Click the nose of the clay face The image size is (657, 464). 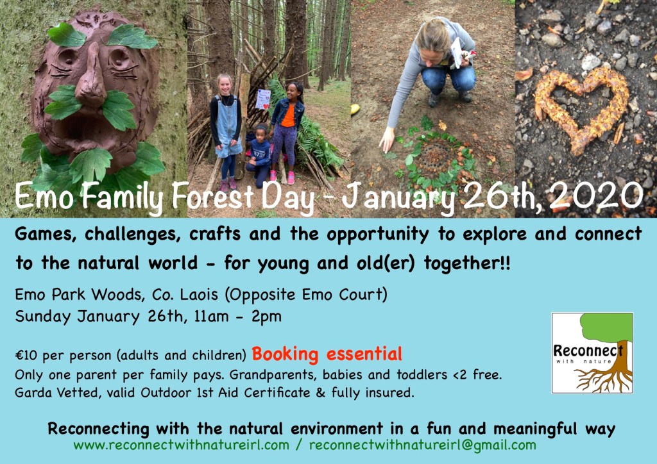tap(92, 78)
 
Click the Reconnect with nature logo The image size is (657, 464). tap(592, 352)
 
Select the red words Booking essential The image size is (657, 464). tap(327, 354)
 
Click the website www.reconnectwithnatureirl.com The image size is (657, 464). tap(181, 445)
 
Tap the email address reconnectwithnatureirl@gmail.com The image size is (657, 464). tap(422, 445)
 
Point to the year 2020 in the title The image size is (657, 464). tap(595, 196)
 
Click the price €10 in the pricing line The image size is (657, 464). tap(26, 355)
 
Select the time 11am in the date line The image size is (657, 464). tap(211, 317)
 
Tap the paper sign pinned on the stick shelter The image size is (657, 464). tap(262, 99)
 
